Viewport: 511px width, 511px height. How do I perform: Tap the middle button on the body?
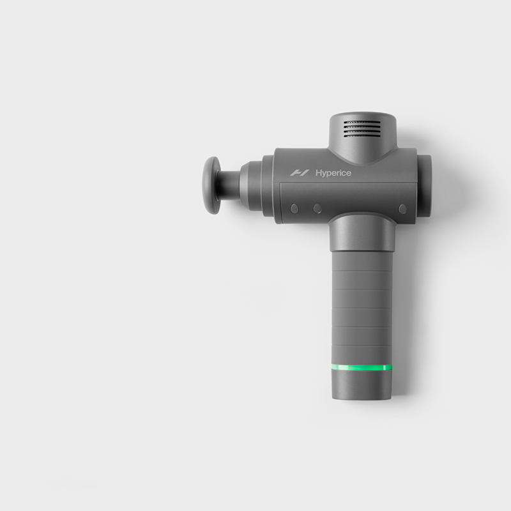point(316,208)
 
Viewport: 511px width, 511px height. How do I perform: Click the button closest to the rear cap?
point(402,208)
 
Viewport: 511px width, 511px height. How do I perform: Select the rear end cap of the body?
point(425,185)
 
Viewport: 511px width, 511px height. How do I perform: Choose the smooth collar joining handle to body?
point(360,233)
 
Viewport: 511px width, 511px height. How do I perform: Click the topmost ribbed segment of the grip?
point(360,262)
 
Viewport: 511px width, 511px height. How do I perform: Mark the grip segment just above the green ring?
point(361,355)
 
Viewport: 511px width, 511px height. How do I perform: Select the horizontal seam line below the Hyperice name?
point(345,185)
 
